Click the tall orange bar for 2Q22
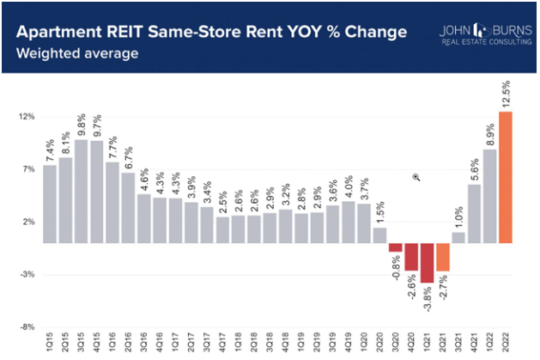point(506,177)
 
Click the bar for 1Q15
point(50,204)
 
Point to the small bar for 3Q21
point(458,238)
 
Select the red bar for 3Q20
point(395,247)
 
